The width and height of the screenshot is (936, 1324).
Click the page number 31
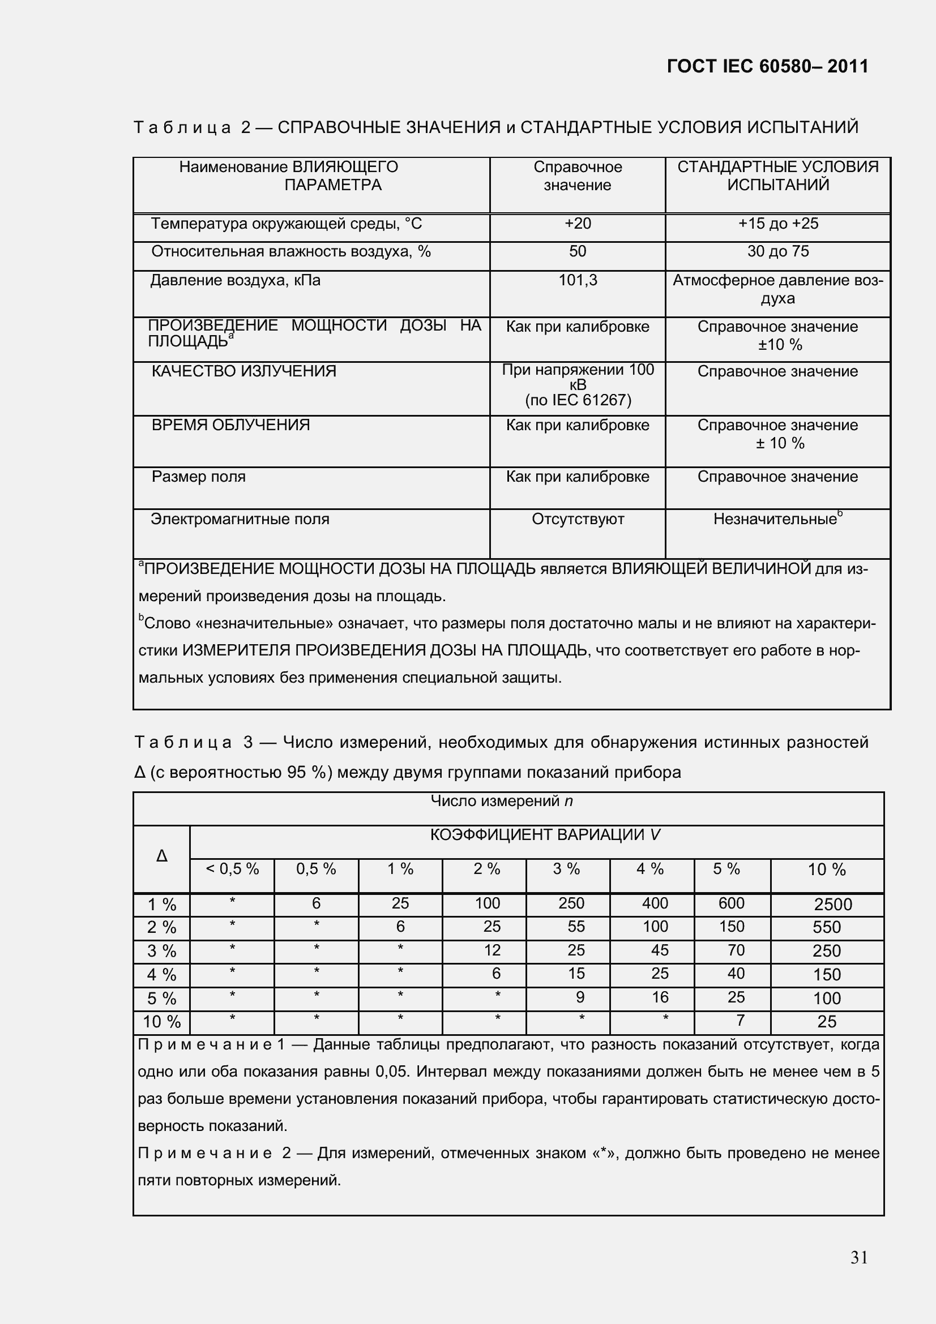859,1257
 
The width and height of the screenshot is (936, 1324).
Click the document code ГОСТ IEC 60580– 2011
767,67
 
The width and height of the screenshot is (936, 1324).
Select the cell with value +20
578,224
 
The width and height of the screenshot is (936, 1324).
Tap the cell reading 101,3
578,280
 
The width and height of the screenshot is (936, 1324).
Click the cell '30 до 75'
777,251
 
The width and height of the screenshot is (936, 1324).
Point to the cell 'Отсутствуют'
578,519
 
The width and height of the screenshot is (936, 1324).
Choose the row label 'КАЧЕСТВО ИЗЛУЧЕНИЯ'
243,371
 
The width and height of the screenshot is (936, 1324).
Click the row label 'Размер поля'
198,477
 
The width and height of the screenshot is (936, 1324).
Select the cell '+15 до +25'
777,224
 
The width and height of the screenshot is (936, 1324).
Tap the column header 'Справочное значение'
578,176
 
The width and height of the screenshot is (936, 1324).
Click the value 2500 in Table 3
832,904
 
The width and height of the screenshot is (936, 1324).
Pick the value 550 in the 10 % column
826,927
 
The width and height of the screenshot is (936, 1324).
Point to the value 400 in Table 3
655,903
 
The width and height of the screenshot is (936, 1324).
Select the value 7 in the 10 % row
740,1021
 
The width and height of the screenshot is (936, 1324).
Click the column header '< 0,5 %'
232,869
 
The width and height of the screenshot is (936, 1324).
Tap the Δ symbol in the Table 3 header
161,856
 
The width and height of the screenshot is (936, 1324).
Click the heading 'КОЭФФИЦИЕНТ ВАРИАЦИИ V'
545,835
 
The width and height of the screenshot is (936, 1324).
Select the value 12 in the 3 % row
491,950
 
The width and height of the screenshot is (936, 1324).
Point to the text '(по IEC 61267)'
578,400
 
